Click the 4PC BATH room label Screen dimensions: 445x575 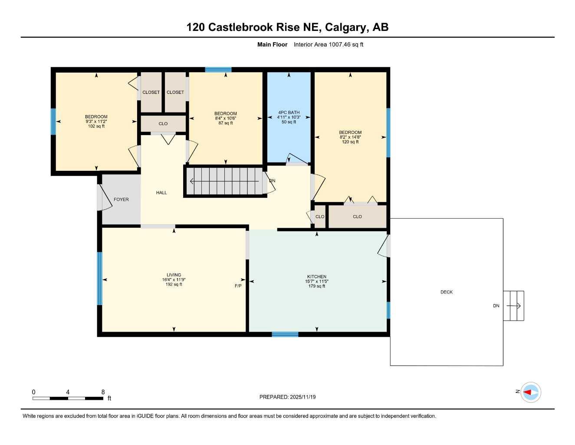pyautogui.click(x=289, y=113)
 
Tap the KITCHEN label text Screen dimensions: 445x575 pyautogui.click(x=317, y=276)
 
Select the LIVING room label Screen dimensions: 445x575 pyautogui.click(x=174, y=275)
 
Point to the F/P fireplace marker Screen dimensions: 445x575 pyautogui.click(x=238, y=286)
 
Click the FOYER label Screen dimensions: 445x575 pyautogui.click(x=121, y=199)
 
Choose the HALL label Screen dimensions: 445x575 pyautogui.click(x=161, y=193)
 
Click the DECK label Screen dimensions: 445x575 pyautogui.click(x=447, y=292)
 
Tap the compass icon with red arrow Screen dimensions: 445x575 pyautogui.click(x=530, y=392)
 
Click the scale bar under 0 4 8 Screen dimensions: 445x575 pyautogui.click(x=68, y=398)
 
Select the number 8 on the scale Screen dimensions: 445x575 pyautogui.click(x=103, y=392)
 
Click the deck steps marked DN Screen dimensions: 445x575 pyautogui.click(x=513, y=306)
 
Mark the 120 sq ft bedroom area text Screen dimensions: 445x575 pyautogui.click(x=350, y=142)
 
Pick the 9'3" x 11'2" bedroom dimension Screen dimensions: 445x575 pyautogui.click(x=96, y=122)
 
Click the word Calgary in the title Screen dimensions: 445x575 pyautogui.click(x=345, y=27)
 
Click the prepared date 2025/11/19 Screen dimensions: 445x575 pyautogui.click(x=303, y=397)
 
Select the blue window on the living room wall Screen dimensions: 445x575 pyautogui.click(x=100, y=279)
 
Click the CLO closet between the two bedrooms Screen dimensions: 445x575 pyautogui.click(x=163, y=124)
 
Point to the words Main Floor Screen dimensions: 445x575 pyautogui.click(x=272, y=44)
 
